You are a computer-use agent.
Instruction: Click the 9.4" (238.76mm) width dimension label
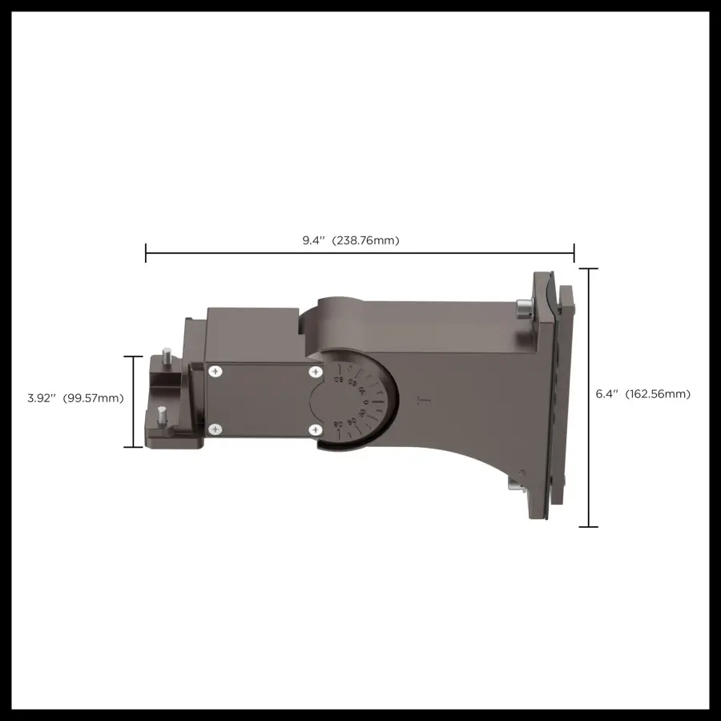tap(350, 240)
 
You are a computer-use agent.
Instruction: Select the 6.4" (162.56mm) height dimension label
tap(642, 394)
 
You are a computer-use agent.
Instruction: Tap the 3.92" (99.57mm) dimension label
tap(75, 398)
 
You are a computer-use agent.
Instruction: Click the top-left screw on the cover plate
tap(215, 371)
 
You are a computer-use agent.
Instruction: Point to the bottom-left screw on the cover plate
tap(215, 430)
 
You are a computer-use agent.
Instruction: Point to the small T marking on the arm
tap(425, 399)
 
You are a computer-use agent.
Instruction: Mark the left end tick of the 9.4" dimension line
tap(146, 253)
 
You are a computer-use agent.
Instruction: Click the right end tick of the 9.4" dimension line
tap(574, 253)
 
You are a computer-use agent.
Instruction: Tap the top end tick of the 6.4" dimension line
tap(588, 269)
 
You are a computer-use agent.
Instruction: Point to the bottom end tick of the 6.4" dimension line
tap(588, 526)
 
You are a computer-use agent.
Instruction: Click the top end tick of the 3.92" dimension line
tap(133, 356)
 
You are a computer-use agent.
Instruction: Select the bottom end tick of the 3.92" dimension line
tap(133, 447)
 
